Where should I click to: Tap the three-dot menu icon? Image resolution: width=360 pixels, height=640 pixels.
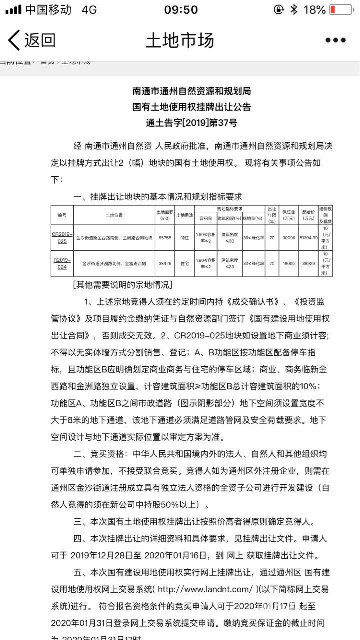(335, 40)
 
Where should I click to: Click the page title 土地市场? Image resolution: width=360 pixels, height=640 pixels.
(179, 40)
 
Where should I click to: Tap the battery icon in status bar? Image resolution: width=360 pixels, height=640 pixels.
(340, 10)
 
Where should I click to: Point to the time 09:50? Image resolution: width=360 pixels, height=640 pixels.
(181, 10)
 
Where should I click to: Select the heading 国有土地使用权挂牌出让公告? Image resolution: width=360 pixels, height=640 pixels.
(191, 107)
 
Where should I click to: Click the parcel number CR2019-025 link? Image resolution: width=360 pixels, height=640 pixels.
(62, 237)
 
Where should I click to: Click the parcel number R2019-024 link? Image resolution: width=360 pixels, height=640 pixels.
(62, 263)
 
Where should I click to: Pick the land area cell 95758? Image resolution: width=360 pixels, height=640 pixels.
(165, 238)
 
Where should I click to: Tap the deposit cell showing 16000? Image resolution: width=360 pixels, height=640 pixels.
(289, 263)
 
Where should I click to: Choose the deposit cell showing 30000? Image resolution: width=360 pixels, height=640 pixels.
(289, 238)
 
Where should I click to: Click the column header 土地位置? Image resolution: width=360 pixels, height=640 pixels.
(114, 215)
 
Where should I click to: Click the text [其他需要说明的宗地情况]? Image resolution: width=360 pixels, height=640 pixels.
(122, 285)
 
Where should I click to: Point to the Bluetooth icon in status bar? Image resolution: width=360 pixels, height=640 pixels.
(294, 10)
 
